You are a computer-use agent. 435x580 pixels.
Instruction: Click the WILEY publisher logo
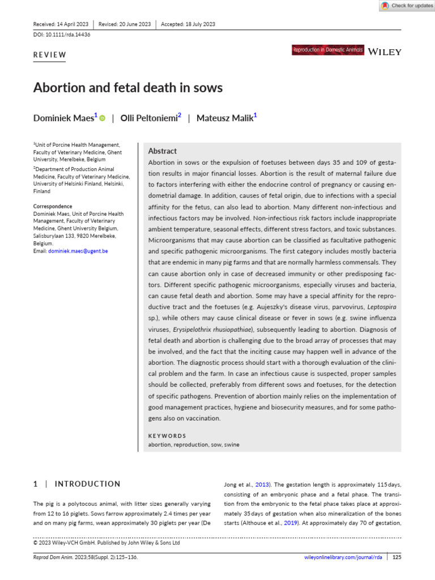pos(385,52)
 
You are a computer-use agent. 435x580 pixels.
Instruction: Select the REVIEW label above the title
pos(50,55)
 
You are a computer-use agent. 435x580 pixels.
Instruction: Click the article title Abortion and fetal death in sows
pos(128,88)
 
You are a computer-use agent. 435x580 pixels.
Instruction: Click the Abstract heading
pos(162,151)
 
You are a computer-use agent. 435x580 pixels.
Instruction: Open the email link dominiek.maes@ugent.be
pos(78,250)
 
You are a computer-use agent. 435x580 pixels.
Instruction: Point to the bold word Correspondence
pos(53,206)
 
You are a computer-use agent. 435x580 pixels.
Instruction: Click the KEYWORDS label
pos(167,436)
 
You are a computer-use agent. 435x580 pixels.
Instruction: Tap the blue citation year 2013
pos(262,484)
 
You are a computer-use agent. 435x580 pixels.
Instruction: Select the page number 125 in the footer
pos(396,557)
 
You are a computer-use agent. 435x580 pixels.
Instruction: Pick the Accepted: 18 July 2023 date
pos(188,24)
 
